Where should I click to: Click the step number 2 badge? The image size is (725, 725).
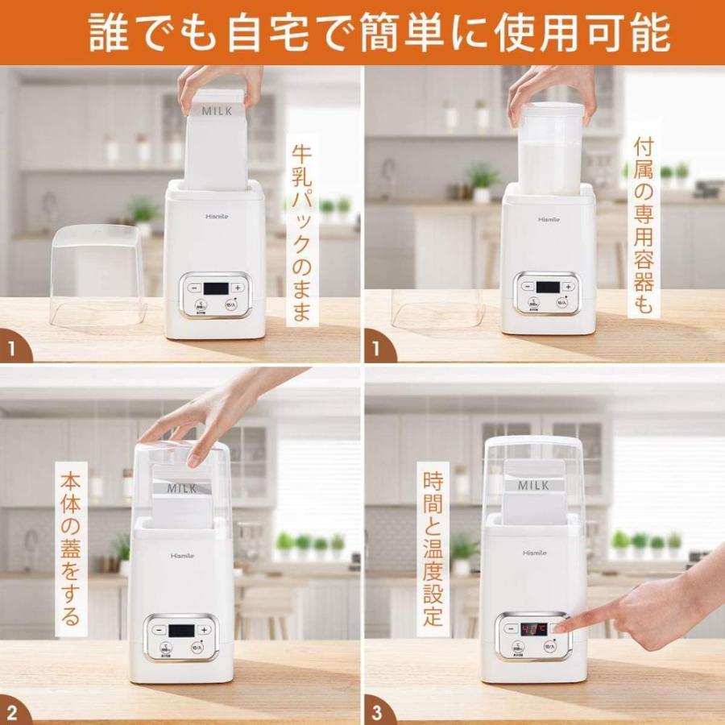click(14, 710)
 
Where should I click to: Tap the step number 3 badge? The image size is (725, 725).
click(379, 710)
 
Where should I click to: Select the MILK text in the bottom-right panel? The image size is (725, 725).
click(532, 485)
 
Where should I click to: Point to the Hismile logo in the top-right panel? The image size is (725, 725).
click(548, 218)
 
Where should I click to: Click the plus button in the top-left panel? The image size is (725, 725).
click(237, 288)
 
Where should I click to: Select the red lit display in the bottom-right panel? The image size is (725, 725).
click(532, 627)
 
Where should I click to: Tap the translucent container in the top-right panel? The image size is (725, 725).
click(551, 149)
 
